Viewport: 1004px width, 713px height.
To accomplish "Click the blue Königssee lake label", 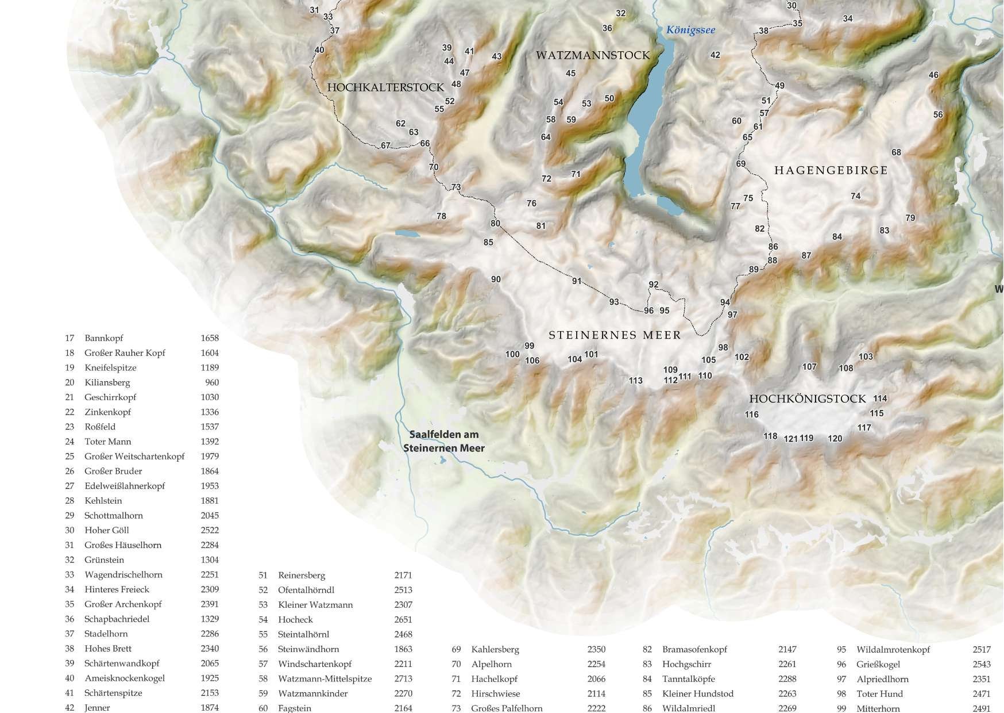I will [x=690, y=30].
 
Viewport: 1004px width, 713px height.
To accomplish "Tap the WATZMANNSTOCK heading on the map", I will [x=593, y=55].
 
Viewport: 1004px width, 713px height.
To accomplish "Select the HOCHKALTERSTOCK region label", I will [x=385, y=87].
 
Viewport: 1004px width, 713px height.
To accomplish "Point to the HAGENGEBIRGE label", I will [x=831, y=170].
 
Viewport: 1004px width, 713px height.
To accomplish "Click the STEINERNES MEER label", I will [x=615, y=335].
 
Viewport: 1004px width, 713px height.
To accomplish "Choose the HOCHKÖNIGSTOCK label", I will [x=807, y=398].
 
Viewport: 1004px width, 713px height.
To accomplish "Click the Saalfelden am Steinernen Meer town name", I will [x=444, y=441].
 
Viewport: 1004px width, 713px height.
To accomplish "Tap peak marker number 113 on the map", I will [x=635, y=381].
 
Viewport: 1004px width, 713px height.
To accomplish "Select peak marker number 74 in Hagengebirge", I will [x=855, y=196].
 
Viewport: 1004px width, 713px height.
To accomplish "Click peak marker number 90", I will [x=496, y=279].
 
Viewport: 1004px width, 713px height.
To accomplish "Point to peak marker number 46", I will [x=933, y=75].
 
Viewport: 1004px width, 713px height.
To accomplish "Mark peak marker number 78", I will [x=441, y=216].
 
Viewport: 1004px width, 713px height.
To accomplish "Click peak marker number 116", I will [x=751, y=415].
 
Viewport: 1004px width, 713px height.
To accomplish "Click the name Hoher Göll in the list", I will [x=107, y=530].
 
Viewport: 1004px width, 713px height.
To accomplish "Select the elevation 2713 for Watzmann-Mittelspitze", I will [x=403, y=678].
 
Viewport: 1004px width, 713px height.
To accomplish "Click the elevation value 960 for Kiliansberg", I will [x=211, y=382].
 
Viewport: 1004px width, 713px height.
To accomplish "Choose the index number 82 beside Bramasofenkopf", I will [x=647, y=649].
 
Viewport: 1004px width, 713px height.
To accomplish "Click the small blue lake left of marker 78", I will [x=407, y=234].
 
